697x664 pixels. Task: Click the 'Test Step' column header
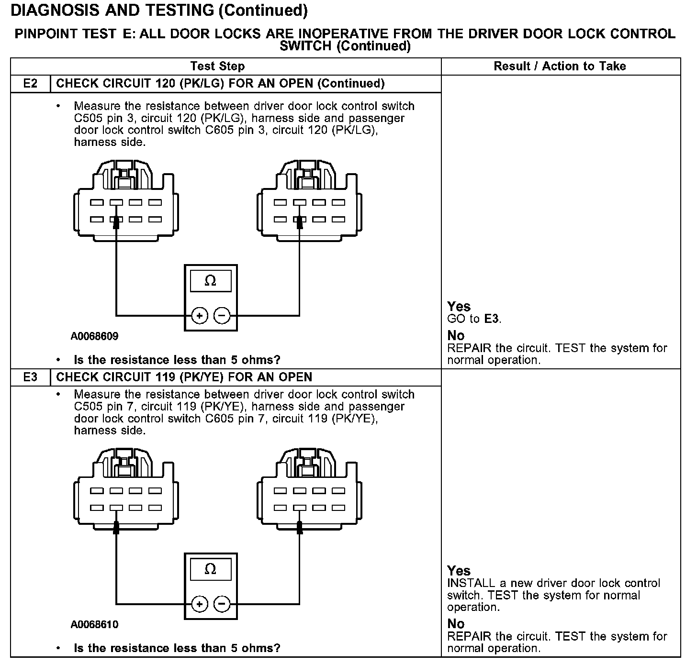coord(217,66)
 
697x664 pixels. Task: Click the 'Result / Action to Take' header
coord(560,66)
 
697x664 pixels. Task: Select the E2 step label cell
coord(30,84)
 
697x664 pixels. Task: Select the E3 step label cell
coord(30,377)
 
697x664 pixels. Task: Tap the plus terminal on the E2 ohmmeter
coord(200,316)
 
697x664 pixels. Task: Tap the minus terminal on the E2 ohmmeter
coord(222,316)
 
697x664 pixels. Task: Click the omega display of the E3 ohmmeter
coord(211,569)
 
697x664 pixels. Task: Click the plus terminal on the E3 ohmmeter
coord(200,604)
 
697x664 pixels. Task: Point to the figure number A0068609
coord(94,336)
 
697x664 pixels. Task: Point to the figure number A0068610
coord(94,625)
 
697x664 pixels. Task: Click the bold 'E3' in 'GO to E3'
coord(492,319)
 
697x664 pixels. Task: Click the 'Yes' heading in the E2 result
coord(459,307)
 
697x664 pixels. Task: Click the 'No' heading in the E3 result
coord(456,624)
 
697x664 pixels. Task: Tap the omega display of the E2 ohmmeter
coord(211,281)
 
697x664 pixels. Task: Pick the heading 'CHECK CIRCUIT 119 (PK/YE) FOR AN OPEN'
coord(184,377)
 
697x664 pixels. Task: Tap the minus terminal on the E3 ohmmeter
coord(222,604)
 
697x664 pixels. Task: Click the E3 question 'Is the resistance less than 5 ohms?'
coord(177,649)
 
